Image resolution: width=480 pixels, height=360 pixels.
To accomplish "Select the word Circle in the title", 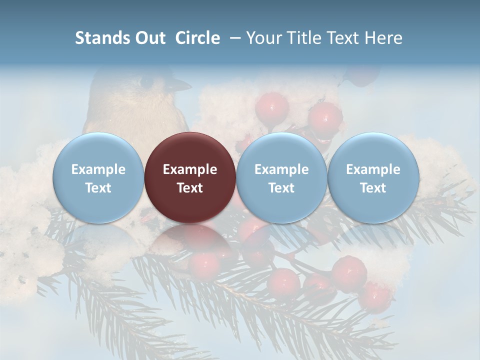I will coord(197,38).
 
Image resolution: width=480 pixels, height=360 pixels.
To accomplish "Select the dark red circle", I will coord(190,177).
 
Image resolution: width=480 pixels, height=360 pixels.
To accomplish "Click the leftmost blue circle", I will coord(98,177).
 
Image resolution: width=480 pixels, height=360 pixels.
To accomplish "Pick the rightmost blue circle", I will coord(373,177).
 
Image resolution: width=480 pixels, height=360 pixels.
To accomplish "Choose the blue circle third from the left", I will coord(281,177).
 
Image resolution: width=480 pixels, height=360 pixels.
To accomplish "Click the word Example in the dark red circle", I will coord(190,169).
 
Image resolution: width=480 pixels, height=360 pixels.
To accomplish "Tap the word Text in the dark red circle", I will coord(190,188).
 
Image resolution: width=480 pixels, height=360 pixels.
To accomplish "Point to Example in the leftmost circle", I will coord(98,169).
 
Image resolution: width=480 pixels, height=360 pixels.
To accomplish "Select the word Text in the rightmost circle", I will coord(373,188).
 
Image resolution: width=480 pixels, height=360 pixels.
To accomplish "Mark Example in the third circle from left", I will coord(281,169).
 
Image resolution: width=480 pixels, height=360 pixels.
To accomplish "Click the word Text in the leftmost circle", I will coord(98,188).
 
